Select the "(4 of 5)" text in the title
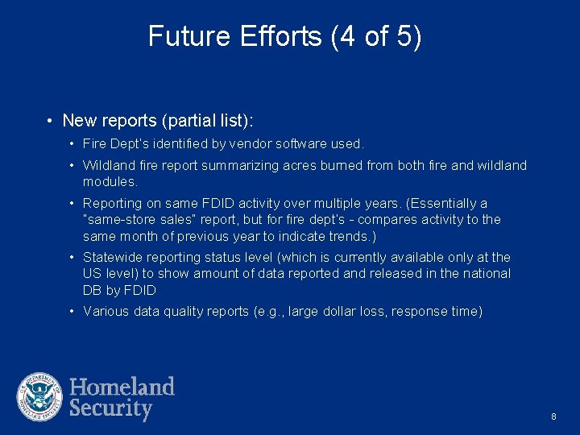click(375, 36)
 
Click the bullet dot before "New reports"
click(50, 121)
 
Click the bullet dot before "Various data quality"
click(72, 312)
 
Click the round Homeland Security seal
click(39, 397)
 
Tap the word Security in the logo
click(110, 408)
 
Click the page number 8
click(553, 416)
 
